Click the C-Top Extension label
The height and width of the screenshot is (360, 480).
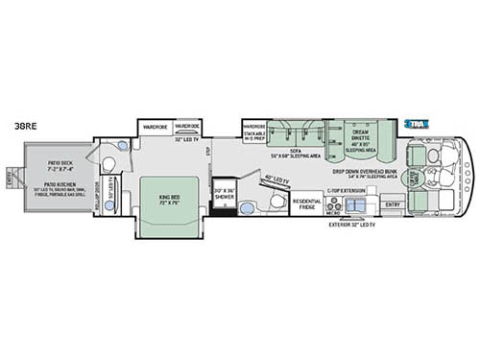pos(343,192)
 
